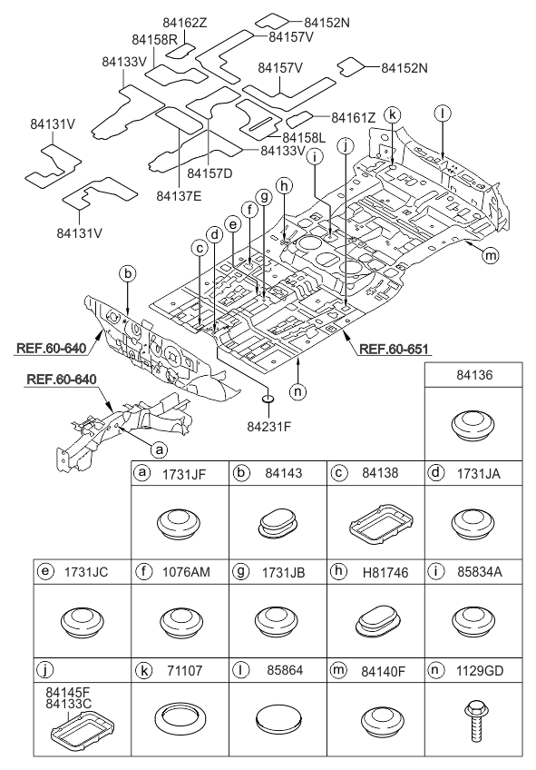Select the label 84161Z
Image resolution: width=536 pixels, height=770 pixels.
coord(353,118)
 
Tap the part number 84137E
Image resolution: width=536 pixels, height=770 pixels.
coord(179,196)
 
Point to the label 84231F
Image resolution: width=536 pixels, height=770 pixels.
coord(269,426)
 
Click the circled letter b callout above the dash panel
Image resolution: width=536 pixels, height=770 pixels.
coord(128,274)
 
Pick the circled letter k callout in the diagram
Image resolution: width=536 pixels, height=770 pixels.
coord(393,115)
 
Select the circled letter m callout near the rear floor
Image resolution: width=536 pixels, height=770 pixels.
coord(491,255)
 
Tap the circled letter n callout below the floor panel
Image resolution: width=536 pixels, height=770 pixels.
coord(297,391)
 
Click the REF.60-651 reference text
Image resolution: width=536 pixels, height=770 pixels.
coord(394,350)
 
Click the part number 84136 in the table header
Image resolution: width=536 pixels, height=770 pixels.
coord(474,375)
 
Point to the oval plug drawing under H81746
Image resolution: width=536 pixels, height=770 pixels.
coord(376,622)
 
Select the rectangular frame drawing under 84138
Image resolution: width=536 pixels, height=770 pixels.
coord(381,524)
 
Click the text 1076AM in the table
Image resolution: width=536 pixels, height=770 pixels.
coord(186,572)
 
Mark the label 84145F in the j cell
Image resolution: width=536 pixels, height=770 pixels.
coord(68,692)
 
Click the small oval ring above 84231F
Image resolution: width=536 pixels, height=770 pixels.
coord(268,399)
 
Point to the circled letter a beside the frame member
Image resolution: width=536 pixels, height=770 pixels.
coord(158,449)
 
